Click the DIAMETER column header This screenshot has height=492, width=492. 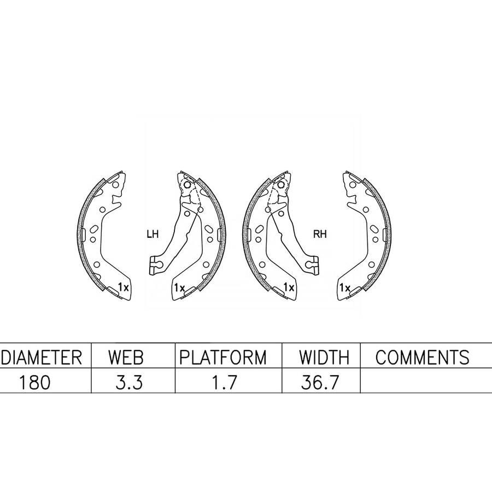click(42, 357)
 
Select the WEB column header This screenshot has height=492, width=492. click(126, 357)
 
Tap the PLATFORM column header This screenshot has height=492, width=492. click(223, 357)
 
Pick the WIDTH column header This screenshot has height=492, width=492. click(324, 357)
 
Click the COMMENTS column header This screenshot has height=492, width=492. click(423, 357)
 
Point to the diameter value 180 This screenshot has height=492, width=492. click(34, 383)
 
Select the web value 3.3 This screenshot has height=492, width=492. click(129, 383)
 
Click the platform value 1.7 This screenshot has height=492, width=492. click(224, 383)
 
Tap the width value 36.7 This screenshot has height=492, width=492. click(320, 383)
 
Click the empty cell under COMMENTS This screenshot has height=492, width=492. click(426, 380)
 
